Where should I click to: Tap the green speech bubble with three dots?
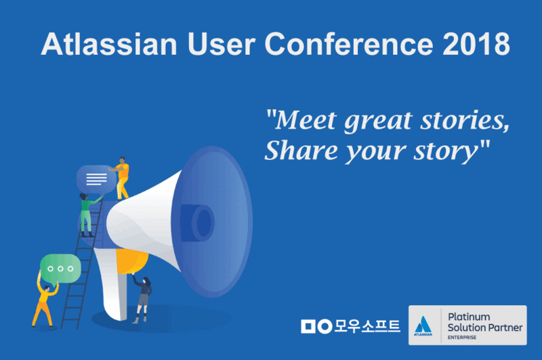[x=60, y=268]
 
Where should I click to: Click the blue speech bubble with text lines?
[x=96, y=179]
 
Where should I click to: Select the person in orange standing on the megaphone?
[x=122, y=178]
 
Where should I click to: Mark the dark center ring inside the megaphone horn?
[x=203, y=220]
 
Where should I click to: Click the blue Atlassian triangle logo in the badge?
[x=423, y=324]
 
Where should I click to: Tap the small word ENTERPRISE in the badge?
[x=461, y=337]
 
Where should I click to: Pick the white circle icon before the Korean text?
[x=325, y=325]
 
